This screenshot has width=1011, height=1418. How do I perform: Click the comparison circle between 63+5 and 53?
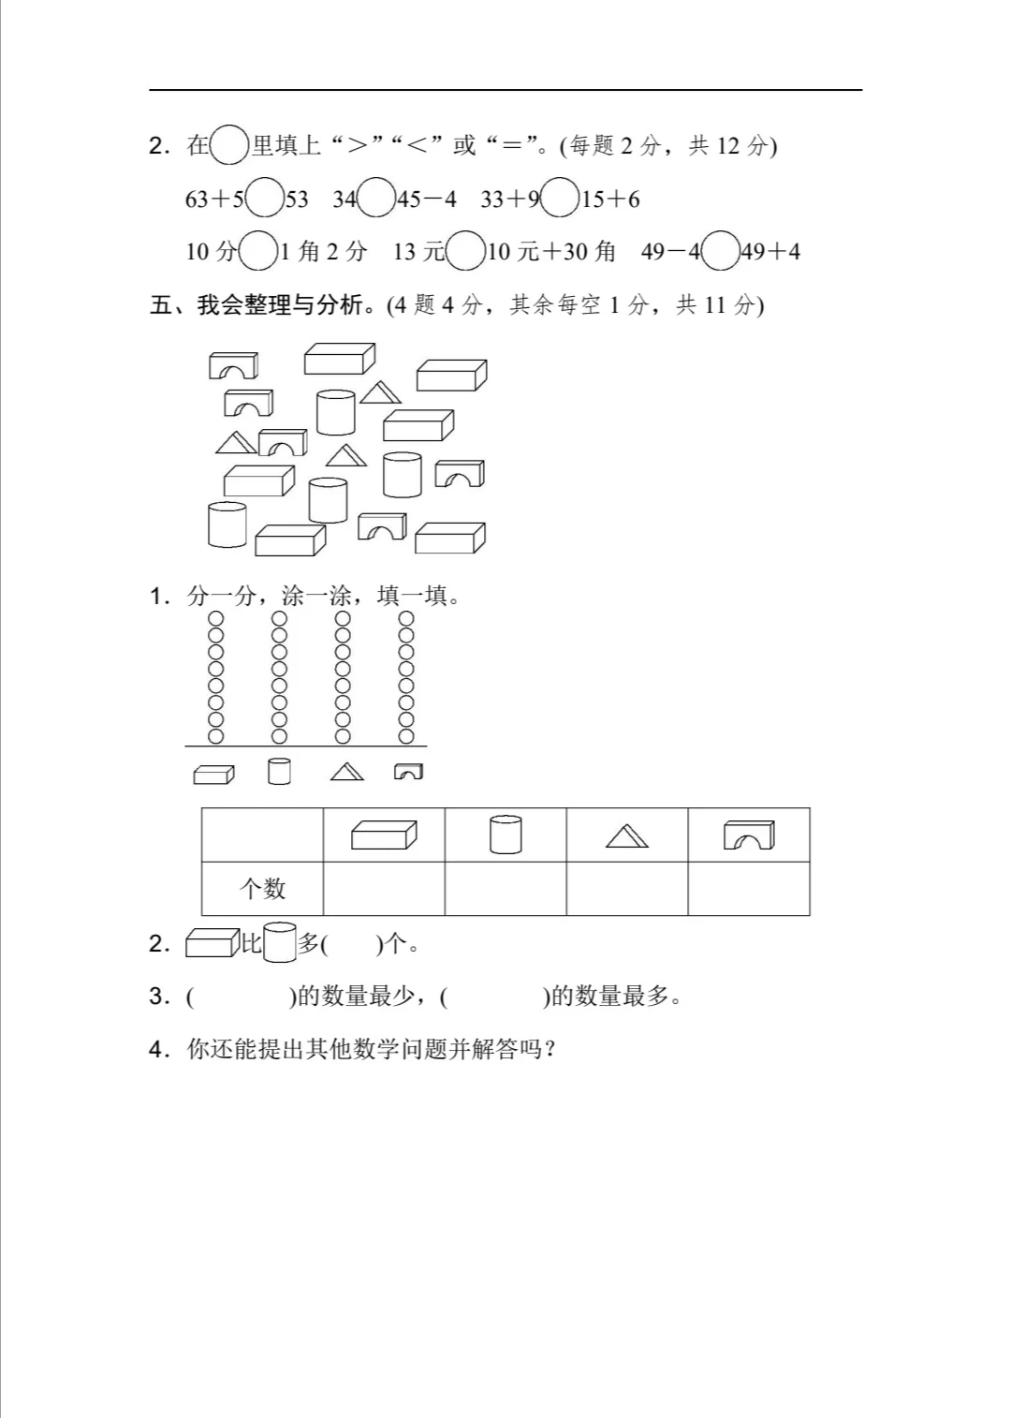pyautogui.click(x=265, y=199)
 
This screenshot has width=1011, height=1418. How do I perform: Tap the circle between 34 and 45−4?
pyautogui.click(x=377, y=199)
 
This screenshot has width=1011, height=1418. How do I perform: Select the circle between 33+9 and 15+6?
pyautogui.click(x=561, y=199)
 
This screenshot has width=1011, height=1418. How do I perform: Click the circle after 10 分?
pyautogui.click(x=258, y=251)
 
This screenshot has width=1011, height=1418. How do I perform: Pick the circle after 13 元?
pyautogui.click(x=465, y=251)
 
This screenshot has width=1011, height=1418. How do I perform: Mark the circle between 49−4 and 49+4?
pyautogui.click(x=720, y=251)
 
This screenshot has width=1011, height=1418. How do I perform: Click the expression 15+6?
pyautogui.click(x=610, y=199)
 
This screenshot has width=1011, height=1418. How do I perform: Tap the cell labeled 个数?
pyautogui.click(x=262, y=888)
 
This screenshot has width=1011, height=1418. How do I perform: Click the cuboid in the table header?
pyautogui.click(x=384, y=835)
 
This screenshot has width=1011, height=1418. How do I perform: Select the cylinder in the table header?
pyautogui.click(x=505, y=835)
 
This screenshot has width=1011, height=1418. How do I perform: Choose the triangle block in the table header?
pyautogui.click(x=626, y=835)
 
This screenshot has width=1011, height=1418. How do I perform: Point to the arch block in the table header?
pyautogui.click(x=749, y=835)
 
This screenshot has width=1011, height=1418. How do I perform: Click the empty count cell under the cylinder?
pyautogui.click(x=505, y=888)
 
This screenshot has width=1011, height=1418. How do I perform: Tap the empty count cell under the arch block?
pyautogui.click(x=749, y=888)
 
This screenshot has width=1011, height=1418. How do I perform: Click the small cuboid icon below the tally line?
pyautogui.click(x=213, y=774)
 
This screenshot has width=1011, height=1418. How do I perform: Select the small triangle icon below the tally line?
pyautogui.click(x=346, y=772)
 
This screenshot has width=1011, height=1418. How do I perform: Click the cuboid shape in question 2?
pyautogui.click(x=212, y=942)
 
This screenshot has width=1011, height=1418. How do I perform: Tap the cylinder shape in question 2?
pyautogui.click(x=279, y=942)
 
